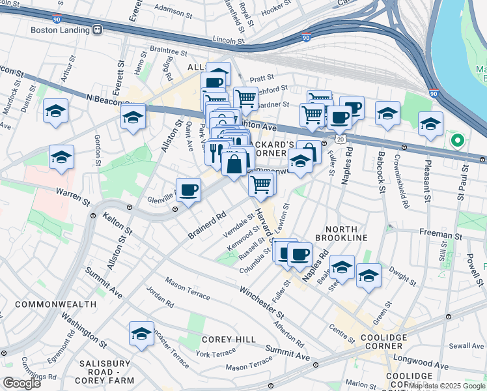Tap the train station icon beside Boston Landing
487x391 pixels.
click(x=98, y=29)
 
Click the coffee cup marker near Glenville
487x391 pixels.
click(x=188, y=190)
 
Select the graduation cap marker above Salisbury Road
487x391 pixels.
click(x=141, y=334)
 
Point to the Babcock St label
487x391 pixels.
click(x=382, y=168)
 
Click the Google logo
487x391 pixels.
click(x=21, y=383)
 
